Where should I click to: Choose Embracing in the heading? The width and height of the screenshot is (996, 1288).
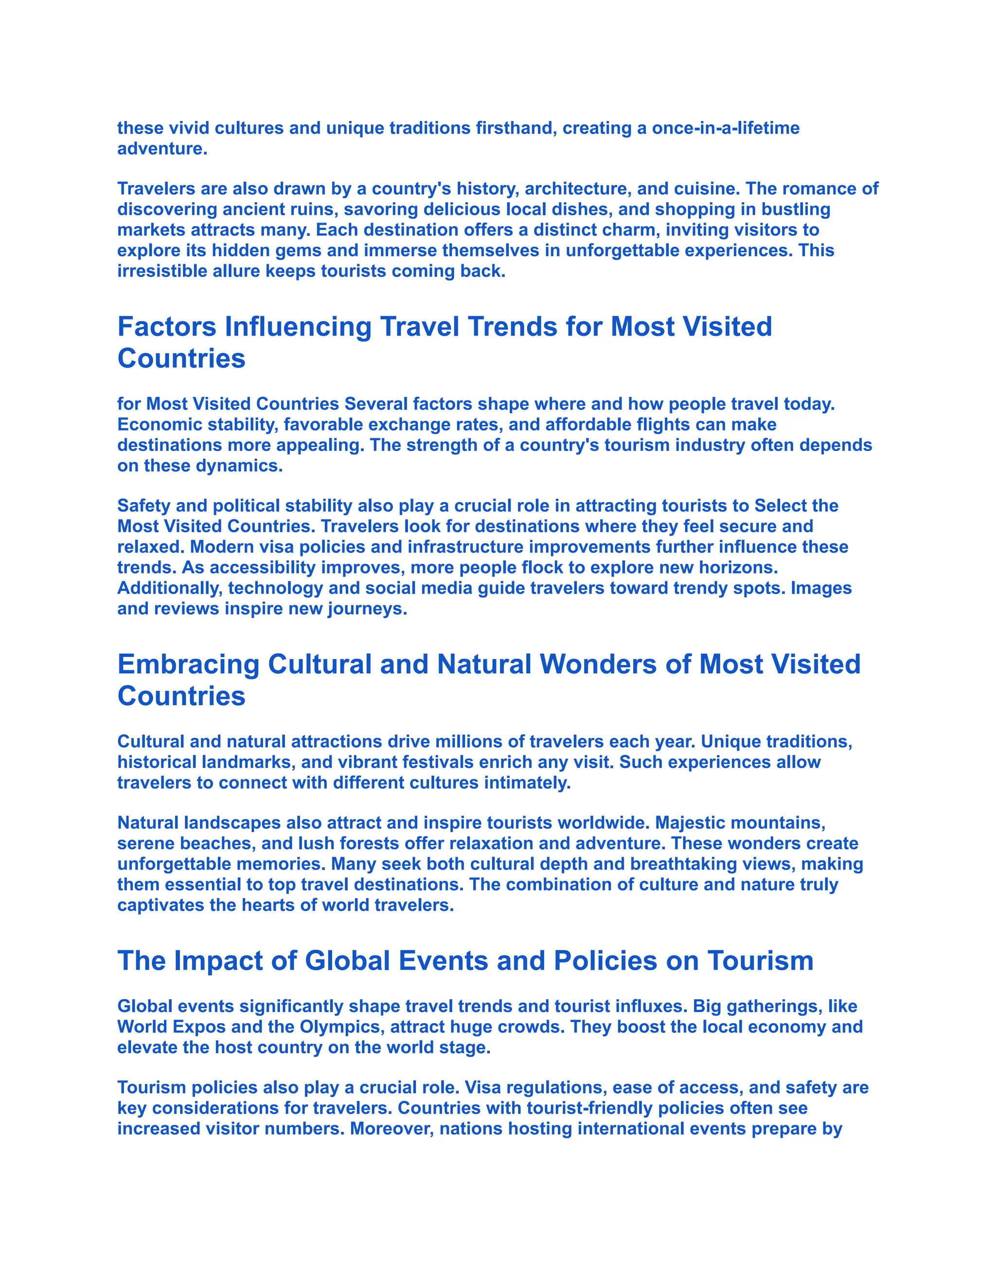[x=188, y=664]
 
